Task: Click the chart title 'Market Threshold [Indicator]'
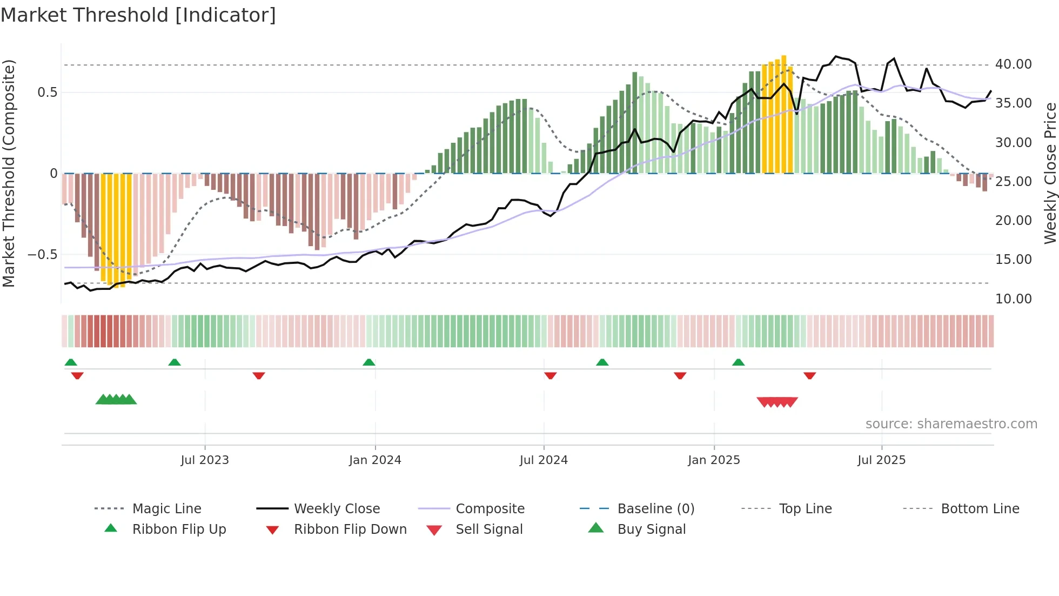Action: pyautogui.click(x=138, y=15)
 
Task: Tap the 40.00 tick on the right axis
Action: pyautogui.click(x=1013, y=64)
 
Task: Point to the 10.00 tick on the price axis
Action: pyautogui.click(x=1013, y=299)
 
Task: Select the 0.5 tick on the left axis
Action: pyautogui.click(x=48, y=92)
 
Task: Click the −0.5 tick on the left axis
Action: pyautogui.click(x=43, y=254)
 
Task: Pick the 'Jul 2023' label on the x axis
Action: pyautogui.click(x=205, y=460)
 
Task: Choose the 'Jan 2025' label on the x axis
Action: pyautogui.click(x=714, y=460)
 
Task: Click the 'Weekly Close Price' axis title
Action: pyautogui.click(x=1050, y=173)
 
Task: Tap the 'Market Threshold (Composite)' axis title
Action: pyautogui.click(x=9, y=173)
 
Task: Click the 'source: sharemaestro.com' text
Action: pyautogui.click(x=951, y=424)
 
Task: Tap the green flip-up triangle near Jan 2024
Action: pyautogui.click(x=369, y=362)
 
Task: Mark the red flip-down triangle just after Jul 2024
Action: pyautogui.click(x=551, y=375)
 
